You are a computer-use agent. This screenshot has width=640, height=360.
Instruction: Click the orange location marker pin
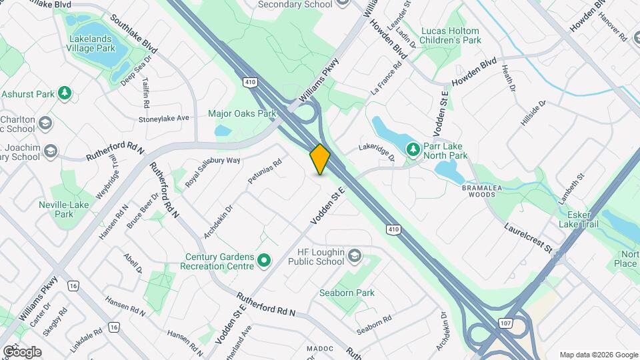(x=320, y=159)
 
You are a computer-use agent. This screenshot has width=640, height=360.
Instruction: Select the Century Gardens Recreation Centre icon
(x=264, y=261)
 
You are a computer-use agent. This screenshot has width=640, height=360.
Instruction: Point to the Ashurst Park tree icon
(x=65, y=93)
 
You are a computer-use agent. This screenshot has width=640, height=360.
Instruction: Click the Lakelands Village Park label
(x=93, y=43)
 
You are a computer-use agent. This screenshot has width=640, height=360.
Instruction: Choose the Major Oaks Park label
(x=242, y=113)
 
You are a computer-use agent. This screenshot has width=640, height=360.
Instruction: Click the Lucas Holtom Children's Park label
(x=451, y=35)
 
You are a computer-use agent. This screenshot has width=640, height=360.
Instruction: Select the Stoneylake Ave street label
(x=164, y=118)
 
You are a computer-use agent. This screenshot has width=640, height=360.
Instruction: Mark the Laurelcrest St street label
(x=528, y=238)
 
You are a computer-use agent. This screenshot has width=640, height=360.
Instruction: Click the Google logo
(x=21, y=351)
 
